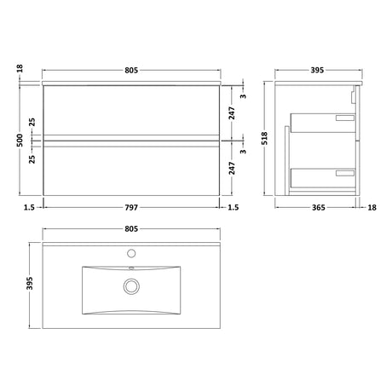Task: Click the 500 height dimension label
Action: coord(20,140)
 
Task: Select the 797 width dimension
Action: coord(131,208)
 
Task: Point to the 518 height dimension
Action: coord(264,138)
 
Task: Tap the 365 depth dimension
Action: coord(319,208)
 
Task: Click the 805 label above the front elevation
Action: coord(131,70)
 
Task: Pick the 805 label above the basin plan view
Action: coord(131,228)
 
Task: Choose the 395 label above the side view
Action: coord(317,70)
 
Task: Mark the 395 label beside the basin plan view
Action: coord(30,283)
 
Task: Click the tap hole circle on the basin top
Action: coord(131,253)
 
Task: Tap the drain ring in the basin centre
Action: coord(131,286)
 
